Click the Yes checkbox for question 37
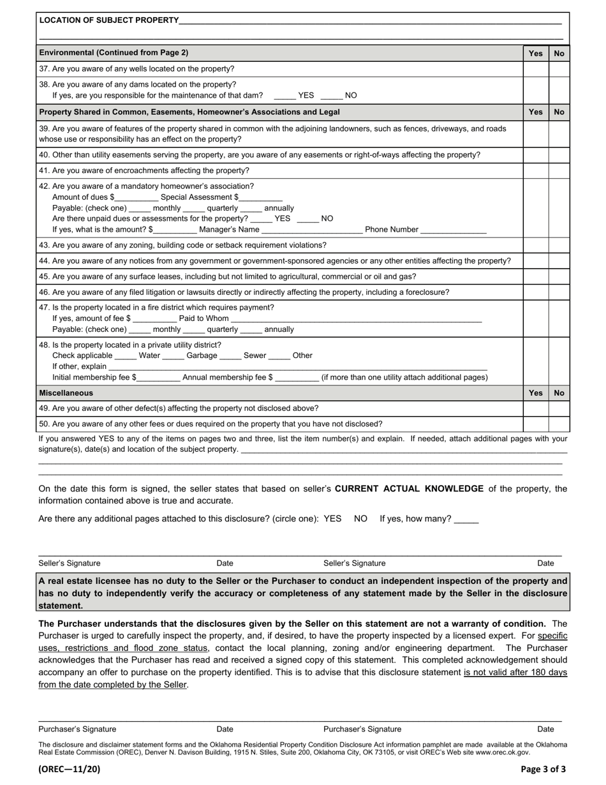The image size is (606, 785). pyautogui.click(x=536, y=69)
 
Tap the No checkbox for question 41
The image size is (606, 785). pyautogui.click(x=559, y=170)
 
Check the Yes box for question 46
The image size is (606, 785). pyautogui.click(x=536, y=292)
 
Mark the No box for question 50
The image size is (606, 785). pyautogui.click(x=559, y=424)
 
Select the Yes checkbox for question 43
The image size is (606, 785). pyautogui.click(x=536, y=245)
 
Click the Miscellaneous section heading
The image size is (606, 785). pyautogui.click(x=66, y=393)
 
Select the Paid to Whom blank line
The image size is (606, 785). pyautogui.click(x=356, y=318)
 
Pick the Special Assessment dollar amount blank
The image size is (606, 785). pyautogui.click(x=260, y=198)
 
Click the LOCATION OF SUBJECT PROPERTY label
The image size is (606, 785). pyautogui.click(x=109, y=20)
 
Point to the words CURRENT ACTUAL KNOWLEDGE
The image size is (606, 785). pyautogui.click(x=409, y=489)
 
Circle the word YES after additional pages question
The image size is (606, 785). pyautogui.click(x=332, y=519)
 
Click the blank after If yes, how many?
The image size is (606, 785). pyautogui.click(x=466, y=520)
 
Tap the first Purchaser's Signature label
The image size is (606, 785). pyautogui.click(x=77, y=729)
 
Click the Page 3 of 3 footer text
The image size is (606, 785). pyautogui.click(x=543, y=769)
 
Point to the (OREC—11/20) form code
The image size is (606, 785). pyautogui.click(x=70, y=769)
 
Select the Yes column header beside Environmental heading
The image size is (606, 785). pyautogui.click(x=536, y=54)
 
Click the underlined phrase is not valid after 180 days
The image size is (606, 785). pyautogui.click(x=515, y=673)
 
